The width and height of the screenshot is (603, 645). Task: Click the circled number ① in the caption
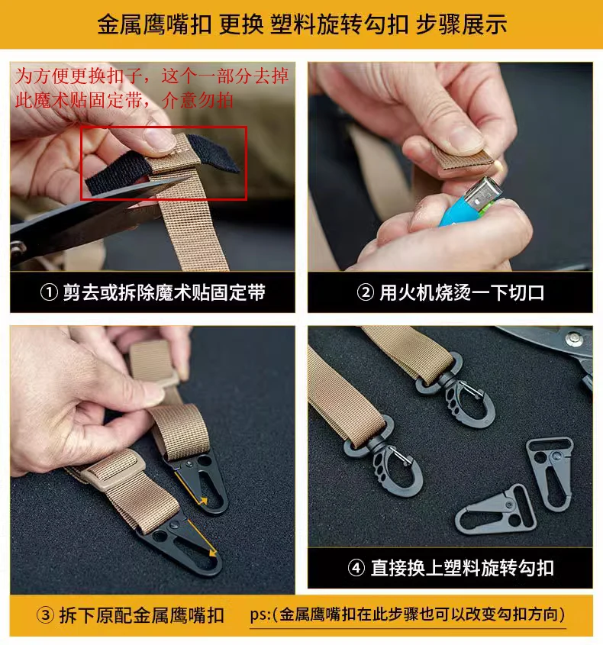pyautogui.click(x=49, y=293)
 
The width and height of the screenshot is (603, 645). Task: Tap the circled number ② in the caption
pyautogui.click(x=365, y=293)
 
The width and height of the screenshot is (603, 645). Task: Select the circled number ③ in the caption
pyautogui.click(x=45, y=615)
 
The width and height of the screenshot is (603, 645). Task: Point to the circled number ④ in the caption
pyautogui.click(x=356, y=568)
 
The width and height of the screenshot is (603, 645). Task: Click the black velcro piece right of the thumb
pyautogui.click(x=218, y=152)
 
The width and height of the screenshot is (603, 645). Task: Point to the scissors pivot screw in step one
pyautogui.click(x=18, y=247)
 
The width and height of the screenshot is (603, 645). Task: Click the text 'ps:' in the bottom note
pyautogui.click(x=260, y=615)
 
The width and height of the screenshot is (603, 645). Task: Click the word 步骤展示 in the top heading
pyautogui.click(x=461, y=24)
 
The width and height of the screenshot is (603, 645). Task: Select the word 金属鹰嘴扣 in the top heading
pyautogui.click(x=154, y=24)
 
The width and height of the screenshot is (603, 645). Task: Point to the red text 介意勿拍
pyautogui.click(x=198, y=99)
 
